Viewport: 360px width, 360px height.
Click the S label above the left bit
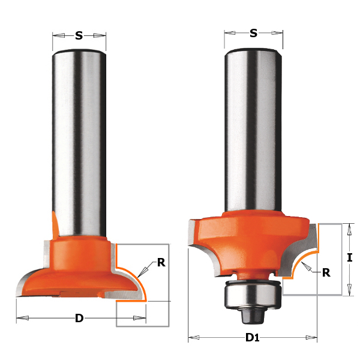click(x=79, y=36)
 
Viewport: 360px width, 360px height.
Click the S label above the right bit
click(x=253, y=34)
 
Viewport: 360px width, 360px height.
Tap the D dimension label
click(x=79, y=318)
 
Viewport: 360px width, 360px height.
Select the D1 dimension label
click(x=252, y=338)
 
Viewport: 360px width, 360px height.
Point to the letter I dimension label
click(x=349, y=259)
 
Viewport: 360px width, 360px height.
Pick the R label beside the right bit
click(x=326, y=272)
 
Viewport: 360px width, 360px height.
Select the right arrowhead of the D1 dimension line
click(x=314, y=338)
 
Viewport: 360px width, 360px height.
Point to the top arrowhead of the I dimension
click(x=349, y=227)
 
